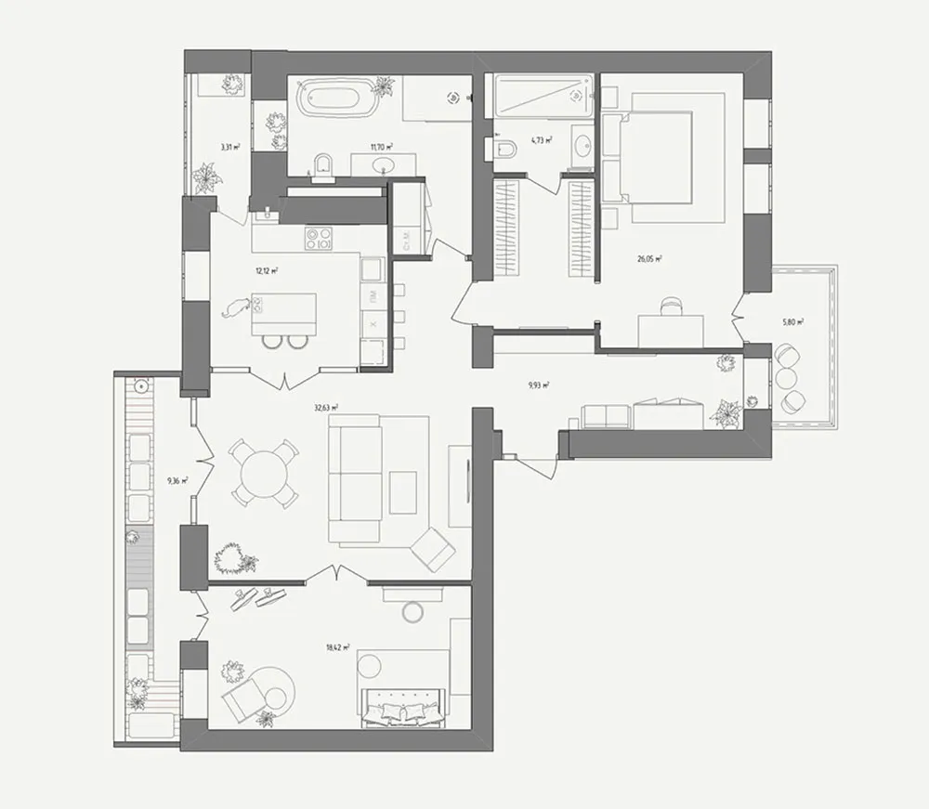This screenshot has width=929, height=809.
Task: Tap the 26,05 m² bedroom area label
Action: click(649, 260)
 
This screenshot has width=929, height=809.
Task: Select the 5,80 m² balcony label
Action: click(792, 322)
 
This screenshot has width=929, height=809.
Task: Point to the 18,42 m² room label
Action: click(340, 648)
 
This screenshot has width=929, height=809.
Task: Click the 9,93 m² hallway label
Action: click(538, 384)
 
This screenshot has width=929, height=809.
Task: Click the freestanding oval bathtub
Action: click(337, 98)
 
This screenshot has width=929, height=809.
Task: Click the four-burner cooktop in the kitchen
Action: click(319, 239)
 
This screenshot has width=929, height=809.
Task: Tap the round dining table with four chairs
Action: click(265, 473)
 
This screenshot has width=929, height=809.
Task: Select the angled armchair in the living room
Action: click(432, 549)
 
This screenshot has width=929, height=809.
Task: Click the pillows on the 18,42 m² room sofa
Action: click(405, 711)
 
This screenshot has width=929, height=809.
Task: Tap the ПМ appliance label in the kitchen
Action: click(372, 296)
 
